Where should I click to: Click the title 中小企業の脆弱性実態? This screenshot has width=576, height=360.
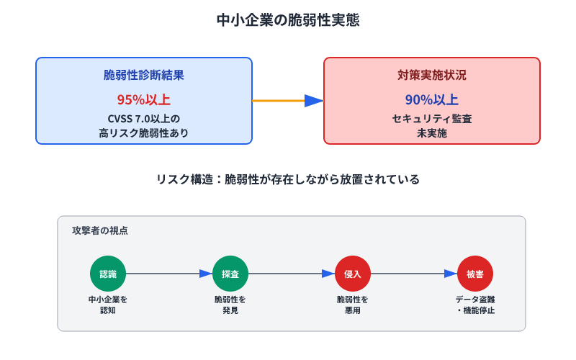point(288,21)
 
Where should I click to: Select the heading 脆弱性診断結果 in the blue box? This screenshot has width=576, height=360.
point(144,76)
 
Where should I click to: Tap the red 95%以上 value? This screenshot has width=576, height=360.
point(144,99)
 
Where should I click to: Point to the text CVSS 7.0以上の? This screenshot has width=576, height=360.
point(144,118)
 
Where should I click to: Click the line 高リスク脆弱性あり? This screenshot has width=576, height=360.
point(144,132)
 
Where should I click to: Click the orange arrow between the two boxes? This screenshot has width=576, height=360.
point(287,101)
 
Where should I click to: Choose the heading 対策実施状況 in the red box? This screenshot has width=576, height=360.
point(432,76)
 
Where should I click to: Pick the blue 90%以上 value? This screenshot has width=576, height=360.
point(432,99)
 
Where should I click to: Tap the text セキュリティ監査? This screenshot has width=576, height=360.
point(432,118)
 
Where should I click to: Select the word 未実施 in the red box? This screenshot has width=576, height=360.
point(432,132)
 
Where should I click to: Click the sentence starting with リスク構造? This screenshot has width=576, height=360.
point(288,179)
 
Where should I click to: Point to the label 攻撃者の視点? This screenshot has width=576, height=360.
point(100,231)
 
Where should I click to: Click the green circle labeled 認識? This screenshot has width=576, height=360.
point(108,274)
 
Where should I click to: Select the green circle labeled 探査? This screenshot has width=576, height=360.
point(230,274)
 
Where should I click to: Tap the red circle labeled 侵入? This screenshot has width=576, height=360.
point(353,274)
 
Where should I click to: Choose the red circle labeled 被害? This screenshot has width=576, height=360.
point(475,274)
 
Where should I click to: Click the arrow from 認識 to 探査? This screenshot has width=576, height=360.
point(169,274)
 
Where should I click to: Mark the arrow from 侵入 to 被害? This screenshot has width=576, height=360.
point(414,274)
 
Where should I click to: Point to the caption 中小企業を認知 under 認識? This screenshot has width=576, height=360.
point(108,305)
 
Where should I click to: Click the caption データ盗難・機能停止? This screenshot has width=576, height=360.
point(475,305)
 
